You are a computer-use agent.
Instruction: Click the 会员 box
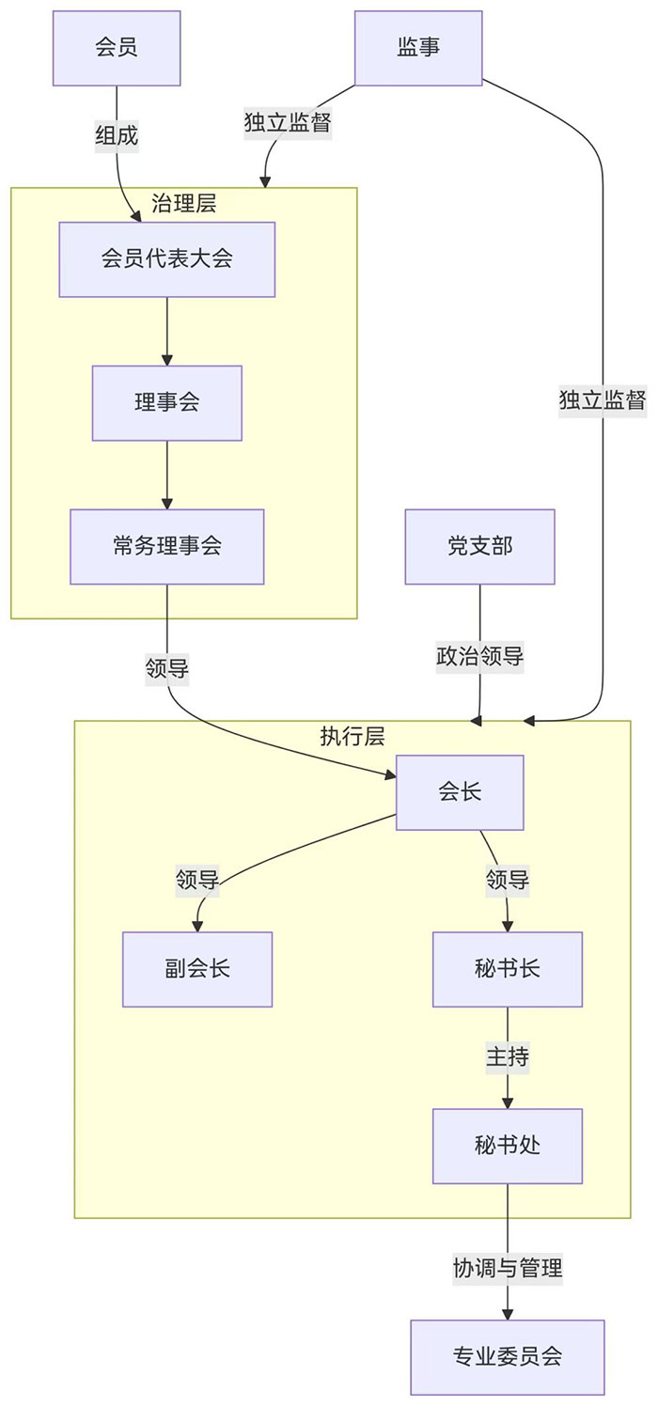[x=117, y=48]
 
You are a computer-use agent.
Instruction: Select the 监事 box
[x=418, y=48]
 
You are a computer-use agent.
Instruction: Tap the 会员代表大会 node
[x=167, y=259]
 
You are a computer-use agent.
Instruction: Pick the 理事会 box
[x=167, y=403]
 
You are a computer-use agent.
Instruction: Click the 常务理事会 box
[x=167, y=546]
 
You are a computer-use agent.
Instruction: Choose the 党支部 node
[x=480, y=546]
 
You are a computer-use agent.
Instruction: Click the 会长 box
[x=460, y=792]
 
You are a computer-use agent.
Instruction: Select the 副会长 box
[x=197, y=969]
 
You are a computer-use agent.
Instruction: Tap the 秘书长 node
[x=508, y=969]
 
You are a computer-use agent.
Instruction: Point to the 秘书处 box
[x=508, y=1146]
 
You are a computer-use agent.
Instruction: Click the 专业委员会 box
[x=508, y=1356]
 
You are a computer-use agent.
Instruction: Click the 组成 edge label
[x=117, y=136]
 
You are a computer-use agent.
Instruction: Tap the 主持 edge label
[x=508, y=1057]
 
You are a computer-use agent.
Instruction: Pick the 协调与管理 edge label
[x=508, y=1269]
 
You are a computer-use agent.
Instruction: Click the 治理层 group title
[x=184, y=202]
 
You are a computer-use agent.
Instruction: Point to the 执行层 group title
[x=352, y=736]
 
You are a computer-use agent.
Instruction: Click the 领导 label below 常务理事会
[x=167, y=669]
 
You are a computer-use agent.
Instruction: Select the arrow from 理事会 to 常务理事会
[x=167, y=475]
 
